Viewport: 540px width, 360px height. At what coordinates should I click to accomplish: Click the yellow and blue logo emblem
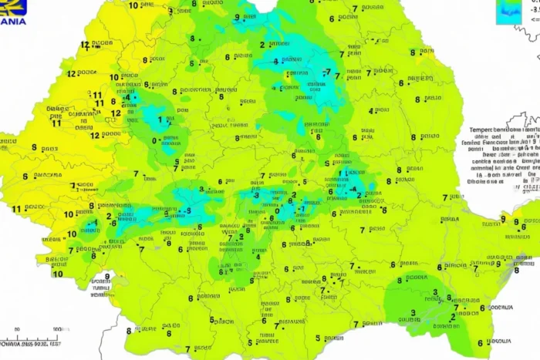tap(14, 7)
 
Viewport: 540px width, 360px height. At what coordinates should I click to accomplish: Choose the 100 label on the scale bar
tap(55, 329)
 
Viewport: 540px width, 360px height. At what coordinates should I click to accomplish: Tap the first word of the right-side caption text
tap(481, 131)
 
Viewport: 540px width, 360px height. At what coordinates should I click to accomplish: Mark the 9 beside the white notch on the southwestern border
tap(106, 276)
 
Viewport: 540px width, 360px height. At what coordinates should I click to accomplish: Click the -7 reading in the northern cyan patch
tap(327, 72)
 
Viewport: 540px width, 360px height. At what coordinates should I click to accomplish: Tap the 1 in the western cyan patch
tap(161, 120)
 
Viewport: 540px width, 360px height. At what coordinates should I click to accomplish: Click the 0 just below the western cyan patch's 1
tap(155, 140)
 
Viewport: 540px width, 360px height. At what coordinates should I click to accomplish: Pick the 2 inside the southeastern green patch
tap(452, 316)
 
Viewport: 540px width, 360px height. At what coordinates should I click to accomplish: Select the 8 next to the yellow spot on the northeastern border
tap(413, 53)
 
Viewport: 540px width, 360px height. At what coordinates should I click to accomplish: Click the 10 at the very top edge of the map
tap(134, 5)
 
